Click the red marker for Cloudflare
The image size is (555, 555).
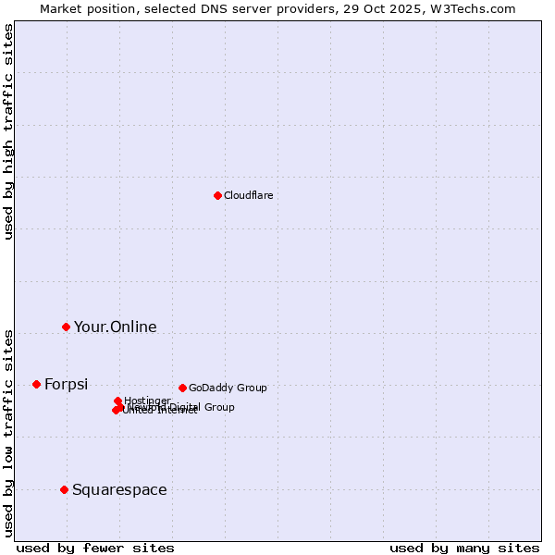tap(217, 195)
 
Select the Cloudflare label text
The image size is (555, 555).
tap(248, 195)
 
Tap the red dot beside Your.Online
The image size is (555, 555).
tap(66, 327)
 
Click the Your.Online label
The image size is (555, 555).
tap(115, 327)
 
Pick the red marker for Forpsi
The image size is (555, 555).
tap(36, 384)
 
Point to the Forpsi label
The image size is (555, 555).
tap(66, 384)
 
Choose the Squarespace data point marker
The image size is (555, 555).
tap(64, 489)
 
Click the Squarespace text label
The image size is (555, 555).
tap(119, 489)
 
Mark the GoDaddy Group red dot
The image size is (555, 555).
tap(182, 388)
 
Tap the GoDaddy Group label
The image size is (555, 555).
tap(228, 388)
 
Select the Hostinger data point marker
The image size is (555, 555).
tap(117, 401)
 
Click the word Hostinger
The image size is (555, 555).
tap(148, 400)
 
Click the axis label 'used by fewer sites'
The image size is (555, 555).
tap(95, 548)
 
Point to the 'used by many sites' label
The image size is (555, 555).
tap(464, 548)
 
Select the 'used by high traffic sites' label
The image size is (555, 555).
tap(9, 131)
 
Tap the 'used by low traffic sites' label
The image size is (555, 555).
tap(9, 432)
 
